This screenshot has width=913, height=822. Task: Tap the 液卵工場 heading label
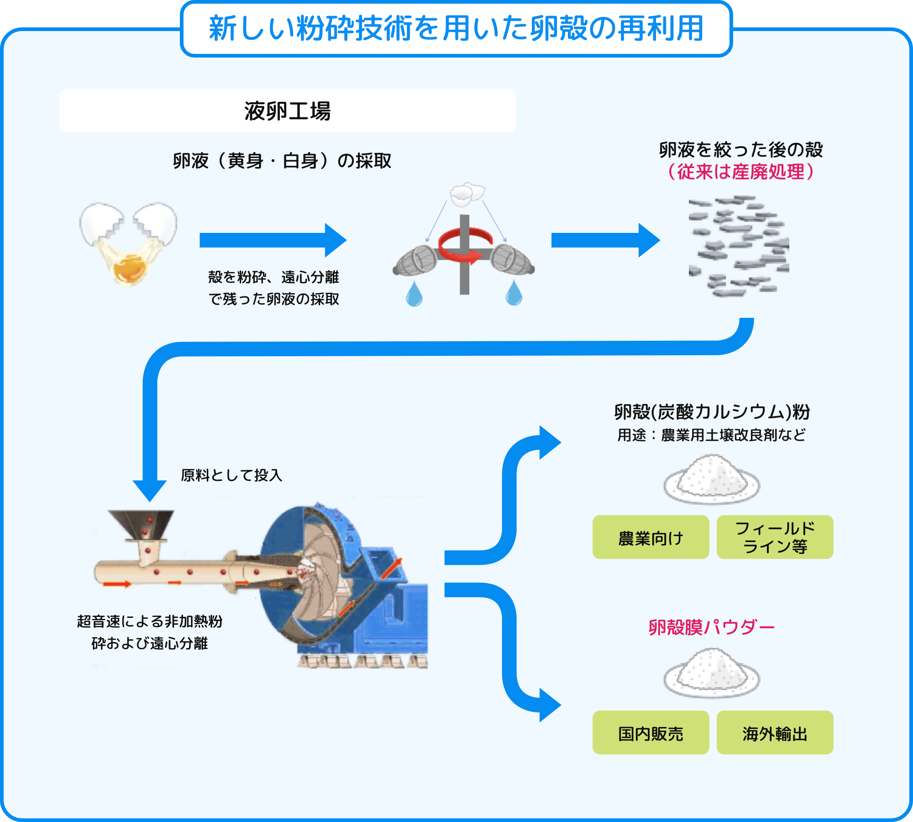pos(287,111)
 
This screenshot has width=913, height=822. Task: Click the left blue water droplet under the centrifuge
pos(414,295)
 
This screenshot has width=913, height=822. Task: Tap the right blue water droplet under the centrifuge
pos(514,293)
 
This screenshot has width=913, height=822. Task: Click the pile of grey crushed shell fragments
pos(739,247)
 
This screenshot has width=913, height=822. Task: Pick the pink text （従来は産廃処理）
pos(740,172)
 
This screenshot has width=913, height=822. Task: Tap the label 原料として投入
pos(231,475)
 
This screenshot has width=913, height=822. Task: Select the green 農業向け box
pos(651,537)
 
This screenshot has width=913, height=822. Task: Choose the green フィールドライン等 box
pos(775,537)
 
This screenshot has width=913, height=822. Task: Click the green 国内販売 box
pos(651,732)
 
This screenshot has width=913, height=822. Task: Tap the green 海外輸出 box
pos(775,732)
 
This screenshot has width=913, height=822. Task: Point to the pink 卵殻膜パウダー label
pos(711,627)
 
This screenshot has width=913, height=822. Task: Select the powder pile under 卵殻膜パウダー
pos(711,673)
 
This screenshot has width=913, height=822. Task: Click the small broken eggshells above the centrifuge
pos(467,194)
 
